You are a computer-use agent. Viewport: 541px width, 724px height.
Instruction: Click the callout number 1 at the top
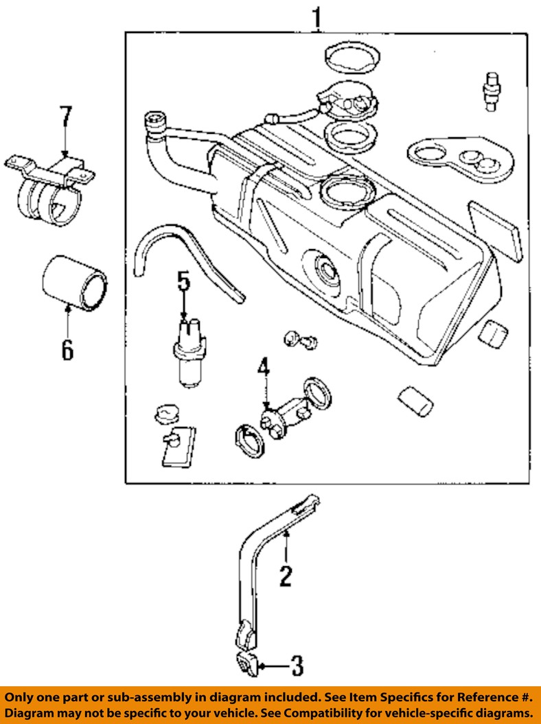click(316, 16)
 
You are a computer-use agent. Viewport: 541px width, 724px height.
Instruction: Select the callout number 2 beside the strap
click(286, 574)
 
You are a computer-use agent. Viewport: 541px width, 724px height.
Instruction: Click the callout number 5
click(183, 281)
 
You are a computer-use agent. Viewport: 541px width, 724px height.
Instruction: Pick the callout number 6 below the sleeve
click(67, 349)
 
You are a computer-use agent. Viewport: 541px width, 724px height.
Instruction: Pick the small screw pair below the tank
click(300, 339)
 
